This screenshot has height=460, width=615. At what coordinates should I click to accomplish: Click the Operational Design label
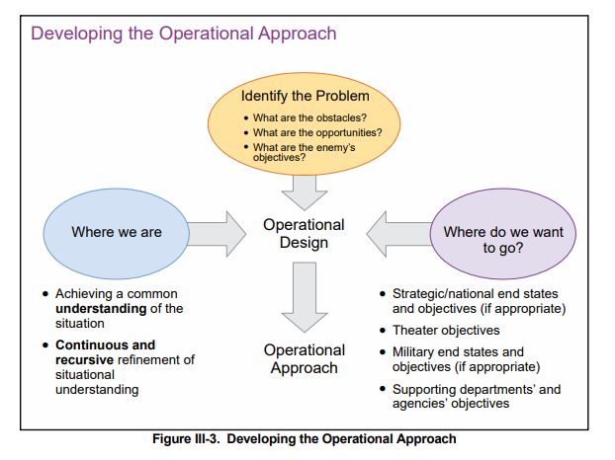pyautogui.click(x=304, y=234)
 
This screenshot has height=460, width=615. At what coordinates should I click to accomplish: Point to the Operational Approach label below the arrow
pyautogui.click(x=304, y=359)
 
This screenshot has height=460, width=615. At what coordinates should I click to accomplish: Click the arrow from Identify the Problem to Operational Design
pyautogui.click(x=304, y=186)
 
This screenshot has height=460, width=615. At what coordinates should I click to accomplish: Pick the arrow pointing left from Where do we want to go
pyautogui.click(x=396, y=233)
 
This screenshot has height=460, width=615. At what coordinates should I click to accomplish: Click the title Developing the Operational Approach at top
pyautogui.click(x=184, y=34)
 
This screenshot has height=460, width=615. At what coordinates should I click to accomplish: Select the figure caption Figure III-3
pyautogui.click(x=305, y=438)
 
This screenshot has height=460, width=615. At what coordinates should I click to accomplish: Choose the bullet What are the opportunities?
pyautogui.click(x=316, y=132)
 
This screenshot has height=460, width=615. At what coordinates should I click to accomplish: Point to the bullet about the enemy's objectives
pyautogui.click(x=302, y=151)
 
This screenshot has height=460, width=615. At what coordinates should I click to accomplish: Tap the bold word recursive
pyautogui.click(x=84, y=360)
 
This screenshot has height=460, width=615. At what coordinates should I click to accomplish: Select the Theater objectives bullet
pyautogui.click(x=446, y=330)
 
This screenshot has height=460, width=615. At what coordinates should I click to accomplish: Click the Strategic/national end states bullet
pyautogui.click(x=476, y=301)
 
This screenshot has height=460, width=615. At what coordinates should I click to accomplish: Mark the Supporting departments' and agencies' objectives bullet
pyautogui.click(x=476, y=396)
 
